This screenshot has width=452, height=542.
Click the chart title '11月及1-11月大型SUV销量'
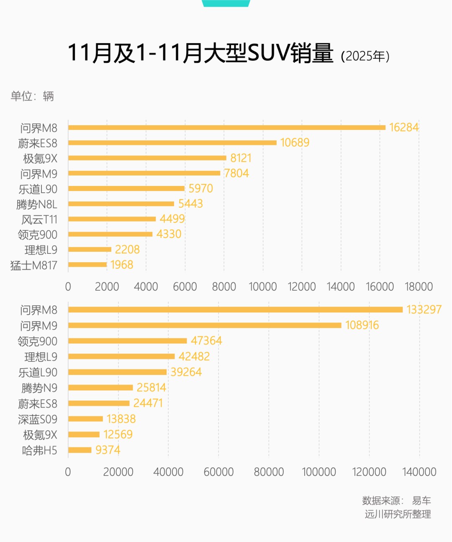click(x=200, y=53)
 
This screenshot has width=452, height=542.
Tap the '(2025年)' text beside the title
click(x=365, y=56)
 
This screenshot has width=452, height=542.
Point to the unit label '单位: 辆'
click(x=32, y=96)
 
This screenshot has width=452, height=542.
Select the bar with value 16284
click(x=226, y=127)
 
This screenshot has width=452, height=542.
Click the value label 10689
click(x=295, y=143)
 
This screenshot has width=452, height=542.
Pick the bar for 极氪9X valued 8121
click(x=147, y=158)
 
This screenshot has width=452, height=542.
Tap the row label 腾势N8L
click(x=37, y=204)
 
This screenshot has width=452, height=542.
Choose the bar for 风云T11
click(x=112, y=219)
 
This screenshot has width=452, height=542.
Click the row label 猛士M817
click(x=33, y=265)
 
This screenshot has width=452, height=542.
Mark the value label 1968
click(x=122, y=265)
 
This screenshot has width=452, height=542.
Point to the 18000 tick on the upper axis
click(x=419, y=287)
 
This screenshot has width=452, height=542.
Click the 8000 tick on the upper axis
click(x=224, y=287)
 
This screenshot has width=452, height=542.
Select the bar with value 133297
click(x=235, y=310)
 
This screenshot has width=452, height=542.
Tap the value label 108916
click(x=362, y=325)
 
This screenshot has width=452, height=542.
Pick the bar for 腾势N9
click(x=100, y=387)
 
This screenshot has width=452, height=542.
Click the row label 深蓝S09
click(x=38, y=419)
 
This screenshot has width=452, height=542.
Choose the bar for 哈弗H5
click(x=80, y=450)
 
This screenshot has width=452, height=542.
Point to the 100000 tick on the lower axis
click(x=319, y=472)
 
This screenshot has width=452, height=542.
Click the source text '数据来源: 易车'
click(x=396, y=501)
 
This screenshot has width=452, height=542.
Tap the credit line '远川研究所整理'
click(x=398, y=514)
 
